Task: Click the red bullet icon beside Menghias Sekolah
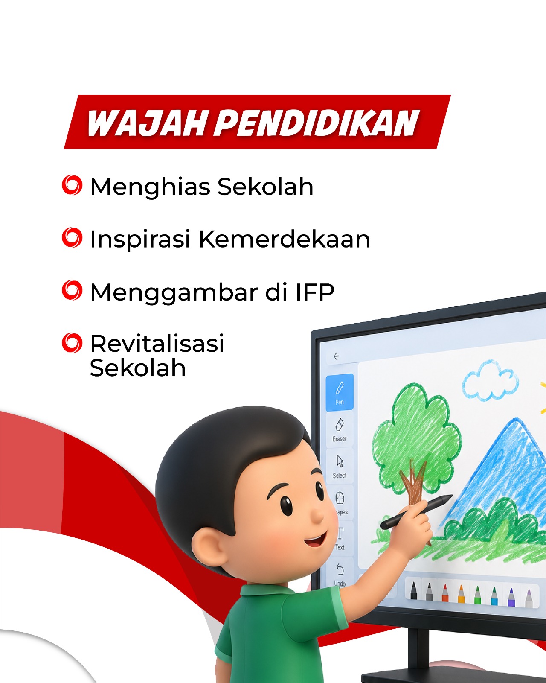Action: point(72,185)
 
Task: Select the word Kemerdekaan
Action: point(284,239)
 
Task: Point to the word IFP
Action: point(315,292)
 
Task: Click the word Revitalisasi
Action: point(157,343)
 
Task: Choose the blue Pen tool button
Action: point(340,393)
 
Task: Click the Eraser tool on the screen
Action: point(340,430)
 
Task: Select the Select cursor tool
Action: point(340,467)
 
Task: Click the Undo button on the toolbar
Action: point(340,575)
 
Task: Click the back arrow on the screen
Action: point(336,356)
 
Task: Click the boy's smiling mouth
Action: point(316,540)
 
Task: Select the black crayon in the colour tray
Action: point(413,590)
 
